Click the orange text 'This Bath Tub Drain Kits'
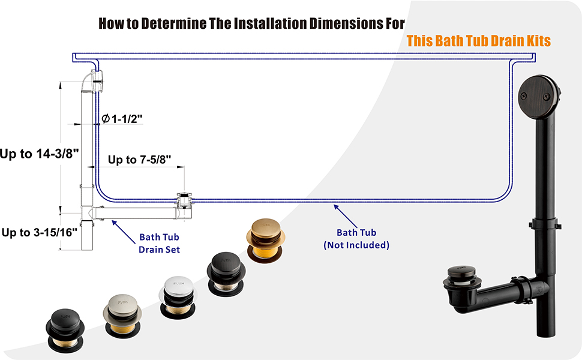click(x=478, y=41)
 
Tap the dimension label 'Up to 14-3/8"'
click(x=40, y=154)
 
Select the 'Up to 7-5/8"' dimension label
click(x=140, y=160)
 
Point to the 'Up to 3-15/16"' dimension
click(x=40, y=232)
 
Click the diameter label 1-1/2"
click(x=122, y=119)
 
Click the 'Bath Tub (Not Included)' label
click(x=356, y=239)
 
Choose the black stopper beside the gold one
click(x=226, y=268)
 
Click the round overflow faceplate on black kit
click(x=541, y=92)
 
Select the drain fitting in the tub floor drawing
click(x=183, y=200)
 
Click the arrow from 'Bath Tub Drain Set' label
click(x=121, y=229)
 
